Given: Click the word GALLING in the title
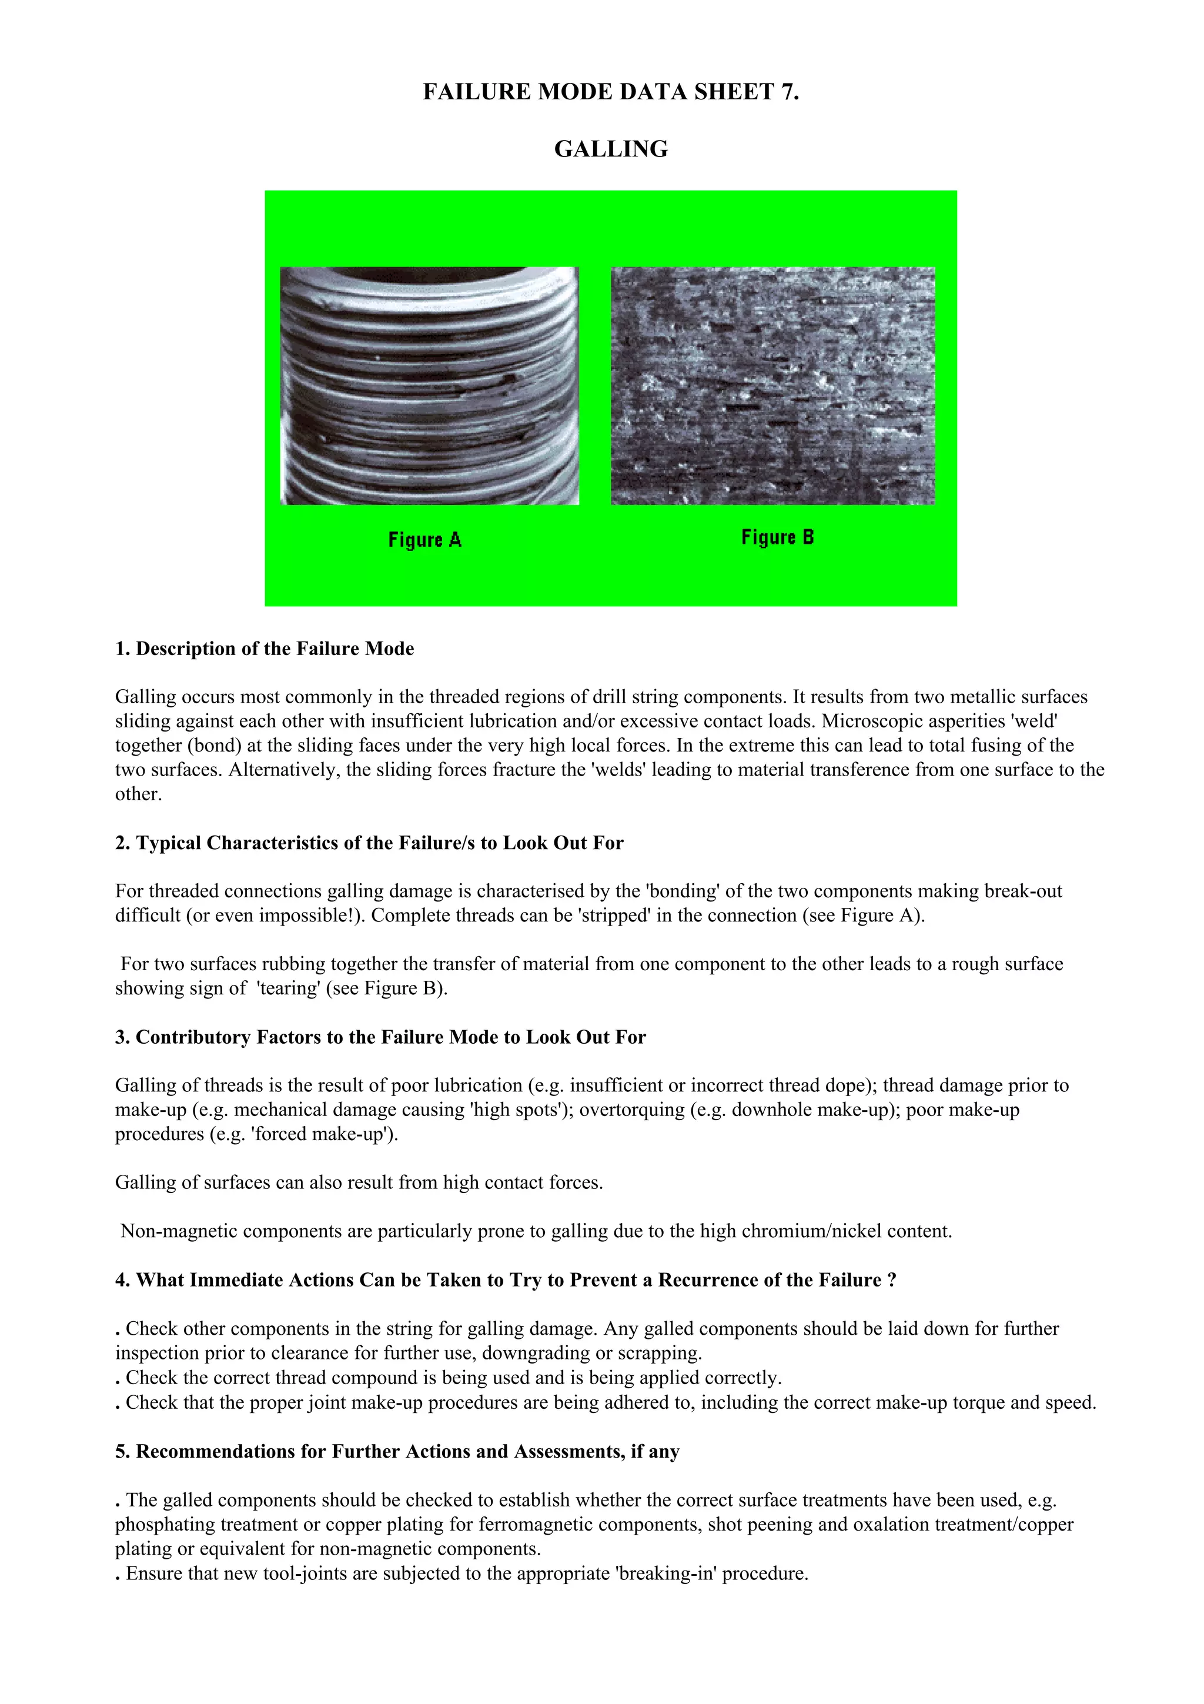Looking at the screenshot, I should (611, 149).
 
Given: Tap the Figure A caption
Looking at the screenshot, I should (424, 540).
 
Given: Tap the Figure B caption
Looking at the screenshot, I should (777, 537).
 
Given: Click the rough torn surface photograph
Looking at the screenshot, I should (772, 386).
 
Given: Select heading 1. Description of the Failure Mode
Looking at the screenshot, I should (264, 649).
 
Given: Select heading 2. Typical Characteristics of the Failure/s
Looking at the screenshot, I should (369, 843).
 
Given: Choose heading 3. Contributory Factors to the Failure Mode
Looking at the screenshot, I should (380, 1038).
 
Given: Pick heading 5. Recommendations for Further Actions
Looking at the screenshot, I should (397, 1452).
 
